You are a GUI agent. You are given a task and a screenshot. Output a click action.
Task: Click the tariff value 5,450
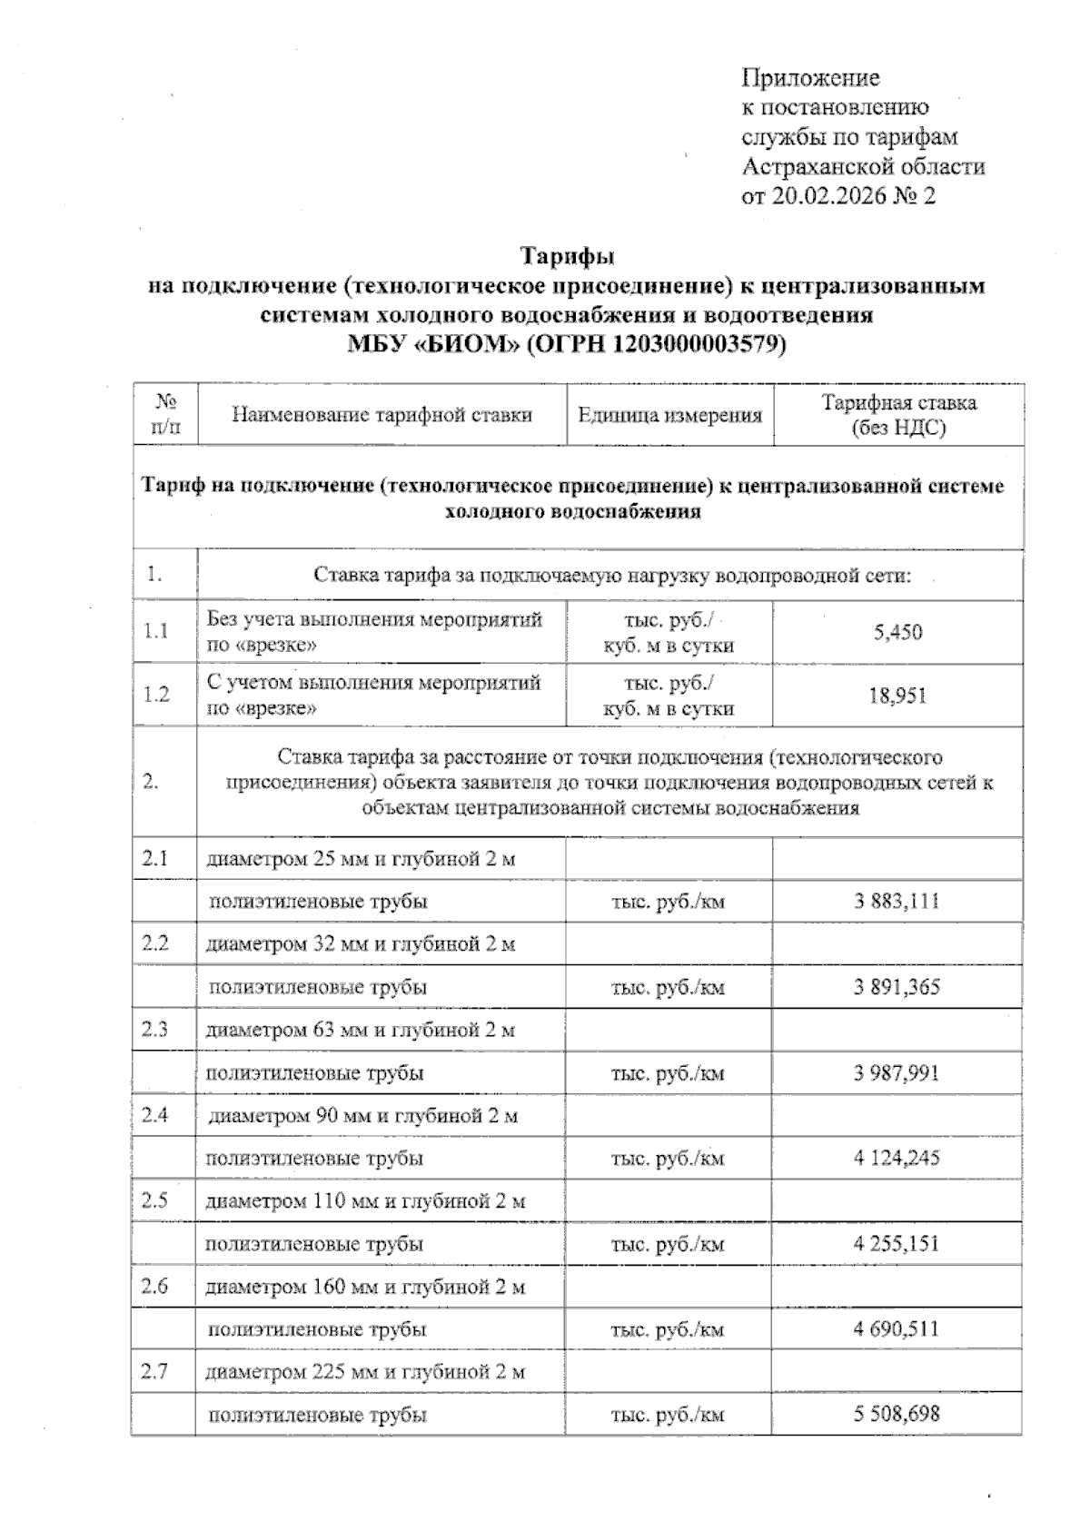click(x=897, y=632)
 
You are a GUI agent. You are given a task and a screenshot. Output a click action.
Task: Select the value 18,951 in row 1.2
click(x=897, y=696)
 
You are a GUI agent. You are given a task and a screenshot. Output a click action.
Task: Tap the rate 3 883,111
click(x=896, y=902)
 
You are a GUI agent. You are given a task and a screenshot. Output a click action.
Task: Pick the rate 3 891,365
click(x=896, y=987)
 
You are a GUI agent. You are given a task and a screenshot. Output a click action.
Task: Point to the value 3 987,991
click(x=896, y=1073)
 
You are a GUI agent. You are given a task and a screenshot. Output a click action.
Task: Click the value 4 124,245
click(x=896, y=1158)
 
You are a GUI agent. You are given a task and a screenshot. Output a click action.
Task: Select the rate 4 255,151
click(x=896, y=1244)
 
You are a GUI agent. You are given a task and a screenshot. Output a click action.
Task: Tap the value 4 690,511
click(x=896, y=1329)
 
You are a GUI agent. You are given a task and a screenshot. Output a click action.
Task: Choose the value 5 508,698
click(x=896, y=1414)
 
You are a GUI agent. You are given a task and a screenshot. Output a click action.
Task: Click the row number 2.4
click(x=155, y=1114)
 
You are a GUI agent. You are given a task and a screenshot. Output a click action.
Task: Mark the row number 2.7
click(x=155, y=1371)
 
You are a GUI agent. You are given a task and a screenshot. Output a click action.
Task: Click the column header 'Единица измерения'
click(x=669, y=416)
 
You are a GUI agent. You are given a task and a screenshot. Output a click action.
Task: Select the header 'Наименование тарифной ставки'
click(x=381, y=416)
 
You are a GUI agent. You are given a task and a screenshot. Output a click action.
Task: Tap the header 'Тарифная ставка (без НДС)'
click(x=898, y=415)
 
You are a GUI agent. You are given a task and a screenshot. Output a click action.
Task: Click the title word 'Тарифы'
click(x=567, y=257)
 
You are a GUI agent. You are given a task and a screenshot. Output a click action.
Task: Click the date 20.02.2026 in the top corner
click(x=827, y=196)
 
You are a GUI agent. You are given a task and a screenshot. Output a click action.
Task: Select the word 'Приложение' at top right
click(x=810, y=78)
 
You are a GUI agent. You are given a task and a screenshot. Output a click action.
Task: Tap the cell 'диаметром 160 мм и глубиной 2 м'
click(x=365, y=1287)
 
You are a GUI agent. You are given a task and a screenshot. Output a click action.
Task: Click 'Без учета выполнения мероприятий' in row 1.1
click(x=374, y=620)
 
